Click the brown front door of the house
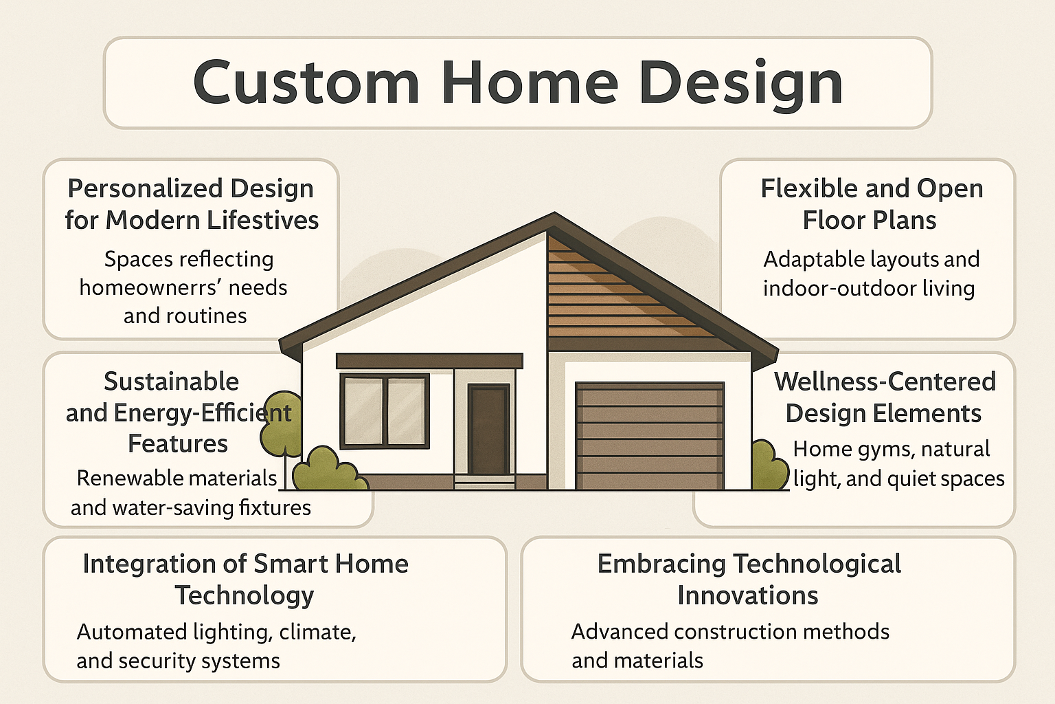488,430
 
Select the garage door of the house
649,436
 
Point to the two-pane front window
385,411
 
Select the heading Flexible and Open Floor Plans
871,204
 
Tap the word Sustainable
171,381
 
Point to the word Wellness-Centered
885,381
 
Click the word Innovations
747,595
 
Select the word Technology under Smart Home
244,595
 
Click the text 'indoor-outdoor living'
868,288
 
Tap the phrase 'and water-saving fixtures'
190,507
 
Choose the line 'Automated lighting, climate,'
216,632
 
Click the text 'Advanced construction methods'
730,632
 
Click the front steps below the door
485,482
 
